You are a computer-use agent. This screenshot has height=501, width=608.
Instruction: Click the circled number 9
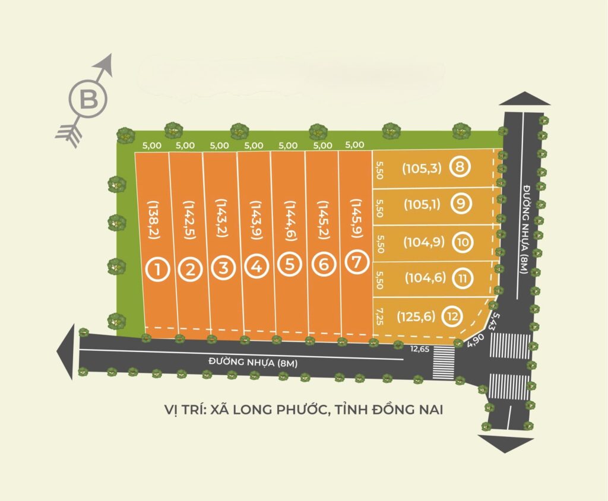(x=461, y=204)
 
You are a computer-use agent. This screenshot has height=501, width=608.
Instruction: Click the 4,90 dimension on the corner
(x=476, y=341)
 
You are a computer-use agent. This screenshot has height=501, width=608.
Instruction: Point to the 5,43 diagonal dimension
(x=492, y=321)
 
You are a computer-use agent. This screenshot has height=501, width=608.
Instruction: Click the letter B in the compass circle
(x=88, y=99)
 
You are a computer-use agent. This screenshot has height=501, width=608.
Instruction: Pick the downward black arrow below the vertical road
(x=505, y=443)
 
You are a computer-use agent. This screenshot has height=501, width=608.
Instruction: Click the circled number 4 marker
(x=256, y=267)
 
